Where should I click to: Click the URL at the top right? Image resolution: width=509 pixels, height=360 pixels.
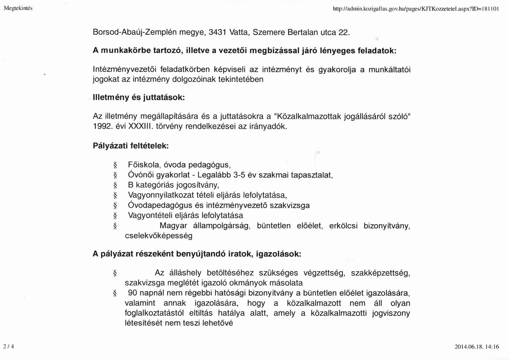pos(416,8)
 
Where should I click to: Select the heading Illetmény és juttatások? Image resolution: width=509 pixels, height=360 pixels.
pos(139,97)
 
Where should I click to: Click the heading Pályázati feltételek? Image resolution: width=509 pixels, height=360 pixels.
pos(131,146)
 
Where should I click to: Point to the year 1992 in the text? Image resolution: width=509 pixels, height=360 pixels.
pos(101,127)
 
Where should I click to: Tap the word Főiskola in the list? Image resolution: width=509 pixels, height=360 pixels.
pos(143,165)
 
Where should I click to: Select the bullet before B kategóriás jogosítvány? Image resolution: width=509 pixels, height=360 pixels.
pos(115,186)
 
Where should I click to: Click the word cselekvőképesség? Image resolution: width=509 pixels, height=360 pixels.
pos(159,235)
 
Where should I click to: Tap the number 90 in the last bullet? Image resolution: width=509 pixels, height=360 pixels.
pos(132,294)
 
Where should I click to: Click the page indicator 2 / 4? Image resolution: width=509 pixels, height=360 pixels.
pos(8,346)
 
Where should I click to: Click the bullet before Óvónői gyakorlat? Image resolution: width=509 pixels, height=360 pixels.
pos(115,175)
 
